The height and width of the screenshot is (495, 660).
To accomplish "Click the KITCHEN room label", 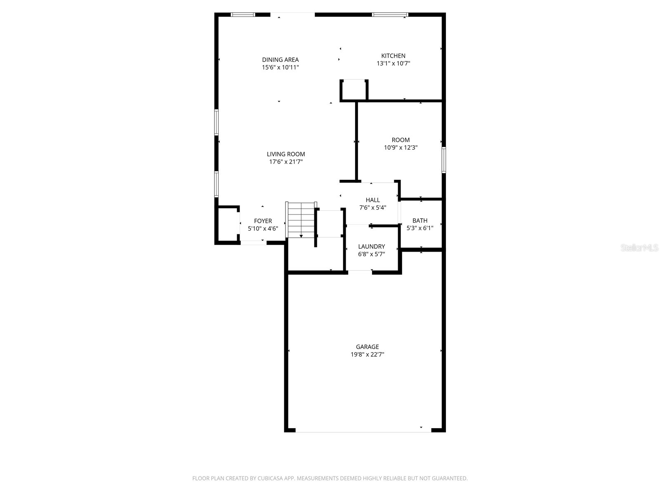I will pos(393,56).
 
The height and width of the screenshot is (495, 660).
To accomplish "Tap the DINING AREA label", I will pos(280,60).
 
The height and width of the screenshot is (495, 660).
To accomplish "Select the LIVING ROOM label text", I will pos(286,154).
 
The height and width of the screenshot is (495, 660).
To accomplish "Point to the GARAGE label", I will pos(367,347).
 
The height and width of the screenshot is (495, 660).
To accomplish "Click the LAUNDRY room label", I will pos(371,247).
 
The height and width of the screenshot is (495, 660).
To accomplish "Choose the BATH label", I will pos(420,221).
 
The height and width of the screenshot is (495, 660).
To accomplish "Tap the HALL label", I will pos(372,200).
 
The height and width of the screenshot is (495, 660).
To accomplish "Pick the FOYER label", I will pos(263,221).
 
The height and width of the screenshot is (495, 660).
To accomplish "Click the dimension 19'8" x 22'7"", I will pos(367,354).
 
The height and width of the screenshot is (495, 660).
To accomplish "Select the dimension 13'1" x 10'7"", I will pos(393,64).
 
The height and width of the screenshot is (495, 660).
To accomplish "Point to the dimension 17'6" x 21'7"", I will pos(286,162).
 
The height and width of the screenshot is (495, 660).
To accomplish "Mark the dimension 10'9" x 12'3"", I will pos(401,147).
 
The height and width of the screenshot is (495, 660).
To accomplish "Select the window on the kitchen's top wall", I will pos(389,15).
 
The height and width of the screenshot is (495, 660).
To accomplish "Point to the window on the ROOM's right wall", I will pos(444,160).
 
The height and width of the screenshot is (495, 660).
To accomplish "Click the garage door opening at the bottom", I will pos(363,431).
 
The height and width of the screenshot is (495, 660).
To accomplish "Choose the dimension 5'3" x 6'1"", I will pos(420,228).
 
